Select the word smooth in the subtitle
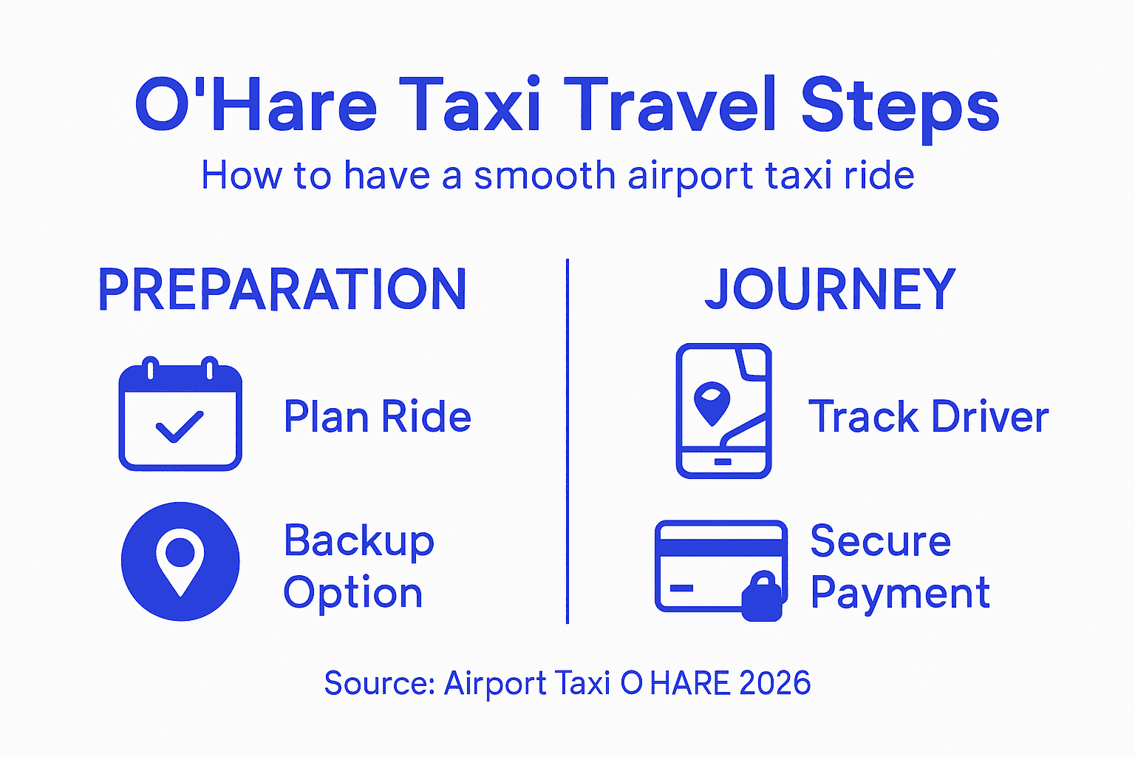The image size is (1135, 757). pyautogui.click(x=544, y=176)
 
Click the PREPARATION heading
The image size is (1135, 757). pyautogui.click(x=282, y=289)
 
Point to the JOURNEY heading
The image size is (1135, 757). pyautogui.click(x=830, y=289)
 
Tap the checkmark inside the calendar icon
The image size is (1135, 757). pyautogui.click(x=178, y=427)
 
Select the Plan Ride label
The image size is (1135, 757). pyautogui.click(x=377, y=417)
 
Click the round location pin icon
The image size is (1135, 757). pyautogui.click(x=180, y=561)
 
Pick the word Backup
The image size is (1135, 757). pyautogui.click(x=359, y=542)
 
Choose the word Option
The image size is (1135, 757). pyautogui.click(x=352, y=593)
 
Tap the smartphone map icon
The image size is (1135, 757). pyautogui.click(x=723, y=411)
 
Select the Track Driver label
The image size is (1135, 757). pyautogui.click(x=928, y=417)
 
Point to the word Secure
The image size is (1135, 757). pyautogui.click(x=880, y=541)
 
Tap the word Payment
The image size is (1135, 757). pyautogui.click(x=899, y=593)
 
